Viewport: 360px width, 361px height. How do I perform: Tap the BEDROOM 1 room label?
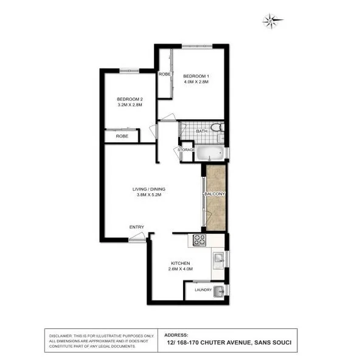(196, 75)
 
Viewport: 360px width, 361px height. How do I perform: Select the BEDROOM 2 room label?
(130, 99)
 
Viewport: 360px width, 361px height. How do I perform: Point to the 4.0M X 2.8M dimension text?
(196, 82)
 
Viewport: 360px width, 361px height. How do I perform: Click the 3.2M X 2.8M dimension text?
(130, 105)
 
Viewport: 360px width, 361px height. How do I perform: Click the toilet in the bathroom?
(220, 129)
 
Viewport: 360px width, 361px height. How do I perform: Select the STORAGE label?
(185, 150)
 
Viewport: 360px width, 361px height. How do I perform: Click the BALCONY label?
(215, 194)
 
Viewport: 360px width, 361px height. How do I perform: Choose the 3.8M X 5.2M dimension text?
(149, 196)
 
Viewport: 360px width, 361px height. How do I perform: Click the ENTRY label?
(136, 227)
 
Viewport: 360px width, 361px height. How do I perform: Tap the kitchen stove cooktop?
(199, 241)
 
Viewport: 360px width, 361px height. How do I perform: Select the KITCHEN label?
(179, 263)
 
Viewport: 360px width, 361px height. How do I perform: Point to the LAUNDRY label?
(203, 290)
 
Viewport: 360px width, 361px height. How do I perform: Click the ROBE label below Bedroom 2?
(122, 137)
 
